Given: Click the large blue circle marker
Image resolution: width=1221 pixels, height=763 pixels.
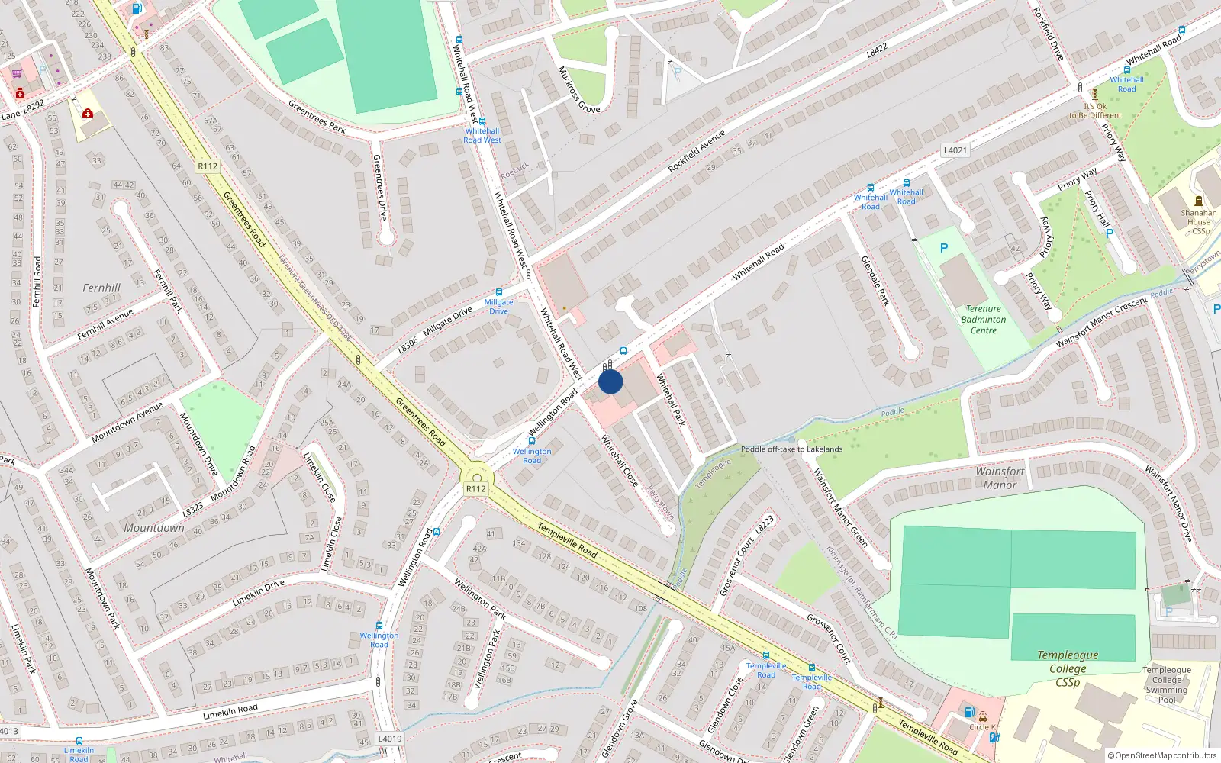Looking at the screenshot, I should (610, 381).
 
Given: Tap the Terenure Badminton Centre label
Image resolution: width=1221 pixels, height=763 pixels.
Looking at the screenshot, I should (984, 320).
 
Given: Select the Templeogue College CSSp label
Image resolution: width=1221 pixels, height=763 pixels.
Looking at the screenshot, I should (1068, 668).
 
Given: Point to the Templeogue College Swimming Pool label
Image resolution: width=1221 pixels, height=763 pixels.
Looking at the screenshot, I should (1166, 684).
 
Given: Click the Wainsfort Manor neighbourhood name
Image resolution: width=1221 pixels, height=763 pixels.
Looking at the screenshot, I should (1000, 478).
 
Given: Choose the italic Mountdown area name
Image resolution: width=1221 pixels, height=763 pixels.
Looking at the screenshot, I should (154, 528).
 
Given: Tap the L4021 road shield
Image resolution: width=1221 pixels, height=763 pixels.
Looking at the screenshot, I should (955, 150).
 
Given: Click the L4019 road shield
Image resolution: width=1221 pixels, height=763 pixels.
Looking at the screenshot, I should (389, 739).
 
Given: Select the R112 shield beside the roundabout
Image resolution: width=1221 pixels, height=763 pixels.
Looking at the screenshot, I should (475, 489).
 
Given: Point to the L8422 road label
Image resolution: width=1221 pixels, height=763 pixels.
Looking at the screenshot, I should (877, 51).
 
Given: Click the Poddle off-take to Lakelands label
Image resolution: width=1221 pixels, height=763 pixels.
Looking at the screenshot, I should (792, 449).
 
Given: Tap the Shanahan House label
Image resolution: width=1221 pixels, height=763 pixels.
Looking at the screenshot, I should (1198, 222).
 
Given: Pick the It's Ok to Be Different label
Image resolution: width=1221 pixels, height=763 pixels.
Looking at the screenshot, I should (1095, 111).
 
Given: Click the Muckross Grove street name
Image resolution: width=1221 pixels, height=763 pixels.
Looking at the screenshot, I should (578, 90).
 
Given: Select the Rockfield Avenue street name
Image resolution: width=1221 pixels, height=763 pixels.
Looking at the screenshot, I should (696, 151).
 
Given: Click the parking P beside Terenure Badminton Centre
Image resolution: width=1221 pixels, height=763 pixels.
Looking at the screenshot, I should (944, 248).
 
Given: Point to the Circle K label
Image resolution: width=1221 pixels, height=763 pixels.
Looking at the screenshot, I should (983, 727).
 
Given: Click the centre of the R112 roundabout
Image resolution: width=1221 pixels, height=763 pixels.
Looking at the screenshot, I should (482, 478).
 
